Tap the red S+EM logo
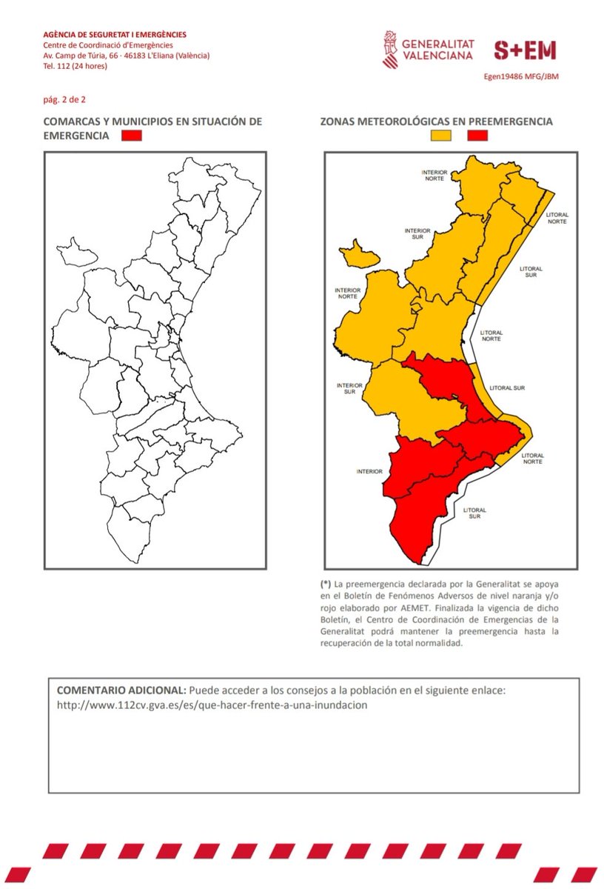tap(525, 50)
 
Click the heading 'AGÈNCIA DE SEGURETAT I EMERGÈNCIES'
tap(115, 34)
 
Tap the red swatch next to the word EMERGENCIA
tap(132, 136)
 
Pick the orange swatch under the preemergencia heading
tap(442, 136)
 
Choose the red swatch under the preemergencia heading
tap(477, 136)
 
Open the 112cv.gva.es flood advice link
tap(212, 705)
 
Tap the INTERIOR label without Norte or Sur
tap(369, 471)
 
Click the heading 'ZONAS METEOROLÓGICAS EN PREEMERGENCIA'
tap(437, 121)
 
